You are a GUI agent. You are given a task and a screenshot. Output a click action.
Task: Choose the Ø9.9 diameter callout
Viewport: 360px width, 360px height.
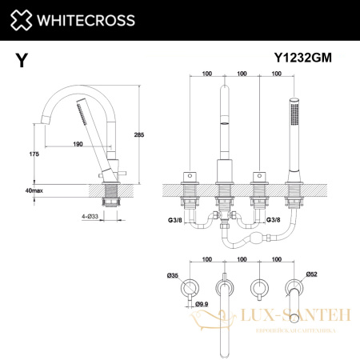tap(202, 303)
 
